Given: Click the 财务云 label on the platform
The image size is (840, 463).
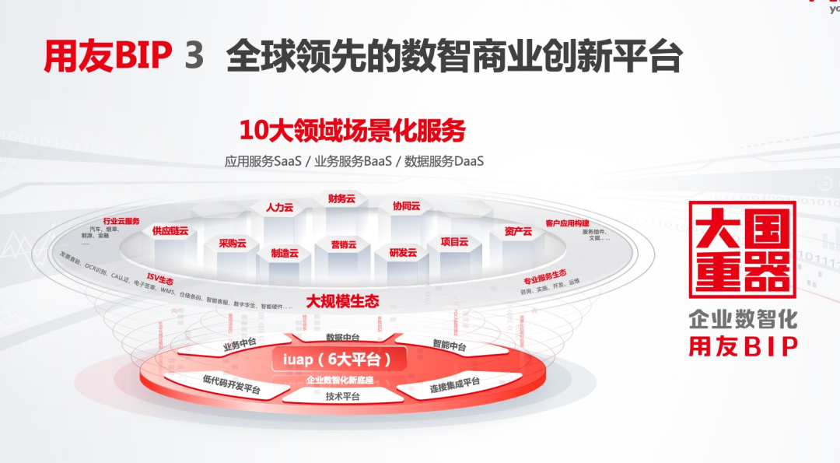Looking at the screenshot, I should [341, 199].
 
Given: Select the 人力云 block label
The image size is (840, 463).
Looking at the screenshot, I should [279, 208].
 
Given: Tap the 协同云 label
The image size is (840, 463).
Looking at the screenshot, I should [406, 206].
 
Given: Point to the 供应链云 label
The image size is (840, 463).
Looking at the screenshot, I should [170, 231].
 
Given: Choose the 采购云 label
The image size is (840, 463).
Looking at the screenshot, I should [232, 243].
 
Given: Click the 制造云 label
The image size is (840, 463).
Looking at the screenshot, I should [285, 253].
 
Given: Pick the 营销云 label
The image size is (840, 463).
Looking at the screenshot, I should [342, 245].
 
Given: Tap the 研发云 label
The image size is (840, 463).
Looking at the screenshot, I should [403, 252].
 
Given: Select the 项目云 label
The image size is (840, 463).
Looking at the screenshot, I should [454, 242].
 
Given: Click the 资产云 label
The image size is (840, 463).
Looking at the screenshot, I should [518, 231].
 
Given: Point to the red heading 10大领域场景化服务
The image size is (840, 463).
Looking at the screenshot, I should [352, 131].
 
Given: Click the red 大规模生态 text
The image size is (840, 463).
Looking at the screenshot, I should [342, 300].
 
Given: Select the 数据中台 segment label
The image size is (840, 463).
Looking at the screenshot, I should [342, 337].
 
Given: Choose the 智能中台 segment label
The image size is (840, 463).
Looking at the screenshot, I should [449, 345].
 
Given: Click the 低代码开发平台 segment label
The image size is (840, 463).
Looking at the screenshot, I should [232, 384].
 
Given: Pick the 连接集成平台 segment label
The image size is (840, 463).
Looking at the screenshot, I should [455, 384].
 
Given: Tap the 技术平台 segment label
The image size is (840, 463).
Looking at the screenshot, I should [342, 396].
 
